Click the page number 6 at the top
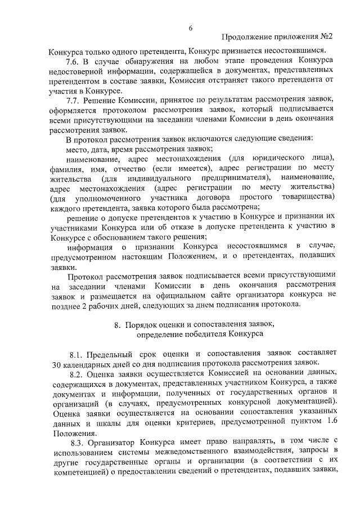pos(190,28)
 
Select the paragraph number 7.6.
pos(74,61)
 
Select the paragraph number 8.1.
pos(78,354)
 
